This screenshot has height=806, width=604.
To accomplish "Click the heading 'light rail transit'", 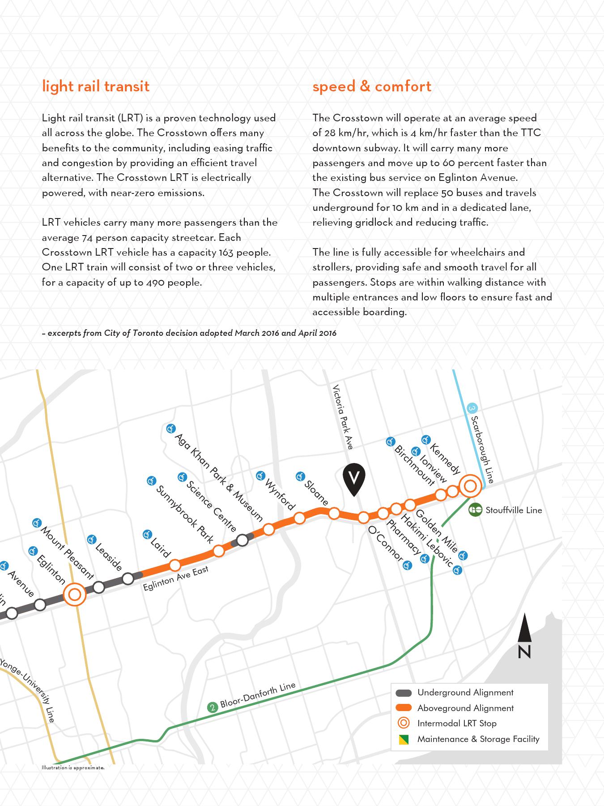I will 95,86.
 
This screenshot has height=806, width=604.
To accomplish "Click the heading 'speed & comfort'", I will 371,86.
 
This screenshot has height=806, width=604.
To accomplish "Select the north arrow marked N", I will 524,636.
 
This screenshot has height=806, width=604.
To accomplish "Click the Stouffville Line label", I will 513,510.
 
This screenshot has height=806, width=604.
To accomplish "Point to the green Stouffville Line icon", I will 475,510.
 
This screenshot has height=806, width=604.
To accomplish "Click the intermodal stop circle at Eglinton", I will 75,595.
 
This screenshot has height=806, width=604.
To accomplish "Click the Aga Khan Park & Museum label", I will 219,477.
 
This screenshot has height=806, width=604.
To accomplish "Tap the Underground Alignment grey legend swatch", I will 404,693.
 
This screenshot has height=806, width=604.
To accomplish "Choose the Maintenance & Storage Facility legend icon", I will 404,740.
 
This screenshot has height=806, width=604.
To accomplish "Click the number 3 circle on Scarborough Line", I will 472,408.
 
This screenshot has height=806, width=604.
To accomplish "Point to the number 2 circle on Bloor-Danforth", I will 213,707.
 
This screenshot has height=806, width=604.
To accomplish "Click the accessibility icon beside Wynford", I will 260,476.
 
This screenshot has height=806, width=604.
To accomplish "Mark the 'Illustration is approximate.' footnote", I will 73,767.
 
